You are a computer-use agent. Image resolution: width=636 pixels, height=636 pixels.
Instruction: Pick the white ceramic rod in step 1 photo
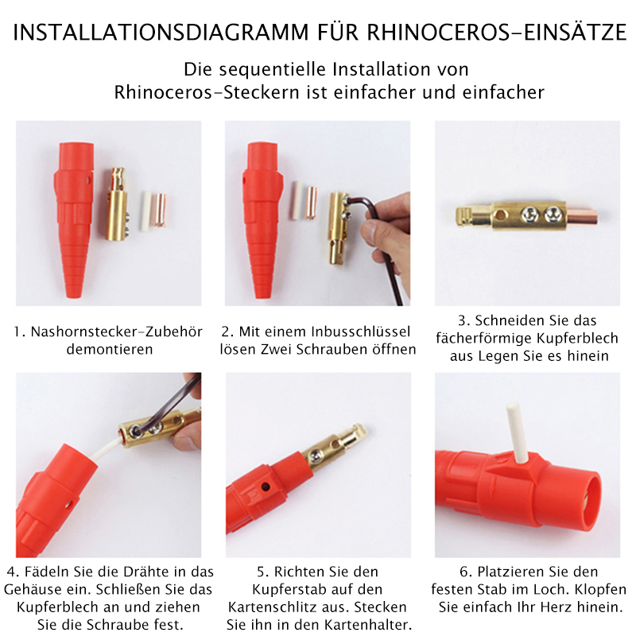pyautogui.click(x=145, y=211)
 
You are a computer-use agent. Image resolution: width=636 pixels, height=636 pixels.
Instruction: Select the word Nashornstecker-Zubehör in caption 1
pyautogui.click(x=110, y=331)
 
